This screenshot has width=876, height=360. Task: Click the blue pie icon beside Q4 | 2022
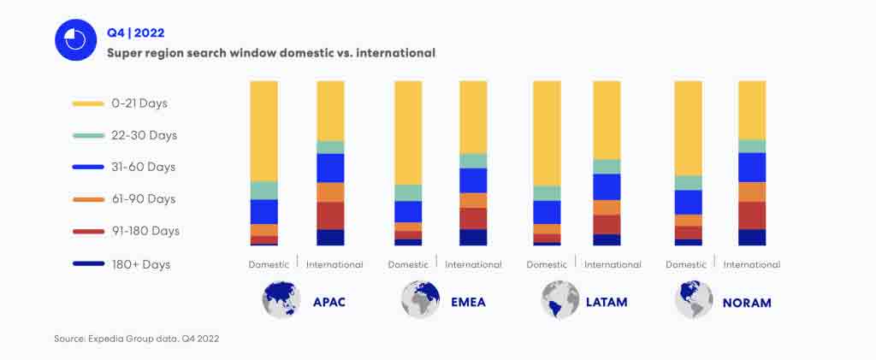click(x=75, y=40)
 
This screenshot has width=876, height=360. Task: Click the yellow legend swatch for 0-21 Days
click(x=89, y=103)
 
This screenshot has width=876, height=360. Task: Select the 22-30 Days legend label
click(x=144, y=135)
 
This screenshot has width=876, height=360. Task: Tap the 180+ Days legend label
click(x=140, y=264)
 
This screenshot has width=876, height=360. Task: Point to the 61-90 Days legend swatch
click(x=89, y=199)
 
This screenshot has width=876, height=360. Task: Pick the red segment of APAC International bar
click(x=330, y=215)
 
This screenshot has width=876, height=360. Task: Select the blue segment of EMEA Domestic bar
click(x=408, y=211)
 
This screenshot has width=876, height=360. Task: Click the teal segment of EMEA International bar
click(x=473, y=161)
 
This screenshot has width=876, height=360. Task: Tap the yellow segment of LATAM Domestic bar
click(x=547, y=133)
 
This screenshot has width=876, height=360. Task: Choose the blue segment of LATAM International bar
click(x=607, y=186)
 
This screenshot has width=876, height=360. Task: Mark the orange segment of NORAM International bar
click(x=752, y=192)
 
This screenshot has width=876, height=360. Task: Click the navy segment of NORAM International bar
click(x=752, y=237)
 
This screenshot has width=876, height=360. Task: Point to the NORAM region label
click(x=746, y=302)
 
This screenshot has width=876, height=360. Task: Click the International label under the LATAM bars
click(x=613, y=264)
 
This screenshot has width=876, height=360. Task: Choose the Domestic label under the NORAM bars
click(x=685, y=264)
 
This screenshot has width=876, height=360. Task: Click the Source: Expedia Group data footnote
click(x=137, y=339)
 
